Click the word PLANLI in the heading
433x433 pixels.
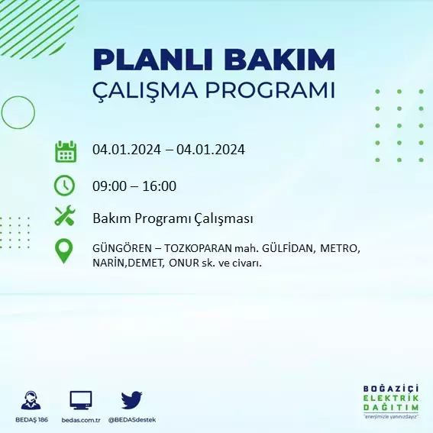point(153,60)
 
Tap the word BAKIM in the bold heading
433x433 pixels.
point(280,60)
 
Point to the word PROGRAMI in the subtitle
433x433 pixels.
point(270,90)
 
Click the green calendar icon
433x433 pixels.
point(66,151)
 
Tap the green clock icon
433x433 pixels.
point(64,186)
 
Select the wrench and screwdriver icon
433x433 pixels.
point(65,215)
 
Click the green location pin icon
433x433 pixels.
point(64,251)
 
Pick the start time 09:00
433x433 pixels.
point(109,186)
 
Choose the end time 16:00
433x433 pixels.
point(160,186)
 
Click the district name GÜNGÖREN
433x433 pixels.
point(122,248)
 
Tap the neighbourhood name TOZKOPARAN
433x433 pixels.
point(198,248)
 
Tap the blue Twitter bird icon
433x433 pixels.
point(131,400)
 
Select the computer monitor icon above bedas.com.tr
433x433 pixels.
point(81,400)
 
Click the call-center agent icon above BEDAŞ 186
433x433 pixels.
point(31,400)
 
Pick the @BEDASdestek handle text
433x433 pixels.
point(132,420)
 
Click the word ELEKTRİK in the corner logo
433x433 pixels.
point(391,398)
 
